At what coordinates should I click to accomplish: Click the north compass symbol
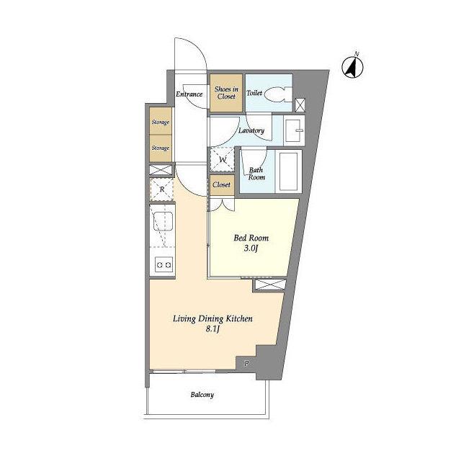(352, 66)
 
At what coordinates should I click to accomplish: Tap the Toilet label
(254, 93)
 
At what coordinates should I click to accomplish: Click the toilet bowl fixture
(278, 94)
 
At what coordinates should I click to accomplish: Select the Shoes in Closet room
(226, 93)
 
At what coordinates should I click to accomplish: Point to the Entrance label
(189, 94)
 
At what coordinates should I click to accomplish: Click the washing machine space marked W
(223, 160)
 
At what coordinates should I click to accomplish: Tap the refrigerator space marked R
(161, 189)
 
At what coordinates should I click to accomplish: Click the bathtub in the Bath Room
(288, 171)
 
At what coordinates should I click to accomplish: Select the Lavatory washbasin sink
(294, 130)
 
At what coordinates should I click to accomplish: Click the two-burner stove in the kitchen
(164, 264)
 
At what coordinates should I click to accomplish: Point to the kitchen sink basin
(163, 220)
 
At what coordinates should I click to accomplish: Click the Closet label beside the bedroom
(221, 184)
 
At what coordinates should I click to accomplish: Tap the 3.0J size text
(251, 249)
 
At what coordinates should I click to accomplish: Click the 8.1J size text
(212, 329)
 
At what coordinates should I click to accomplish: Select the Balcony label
(202, 395)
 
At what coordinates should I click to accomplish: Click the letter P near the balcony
(246, 363)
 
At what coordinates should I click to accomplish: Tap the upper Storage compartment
(161, 121)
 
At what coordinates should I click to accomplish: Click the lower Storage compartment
(161, 148)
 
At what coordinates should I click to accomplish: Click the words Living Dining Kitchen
(212, 318)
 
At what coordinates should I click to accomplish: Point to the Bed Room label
(251, 238)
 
